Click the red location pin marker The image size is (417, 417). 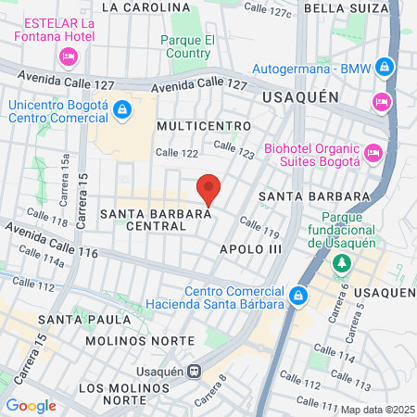[209, 190]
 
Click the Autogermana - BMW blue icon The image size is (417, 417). [385, 67]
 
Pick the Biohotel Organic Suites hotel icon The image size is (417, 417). [373, 152]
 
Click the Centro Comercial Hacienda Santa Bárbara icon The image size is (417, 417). [298, 297]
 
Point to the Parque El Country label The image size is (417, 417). [188, 46]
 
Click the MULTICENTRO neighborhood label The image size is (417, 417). [204, 125]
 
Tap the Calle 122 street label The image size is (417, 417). [178, 153]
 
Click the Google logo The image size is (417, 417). [31, 405]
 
